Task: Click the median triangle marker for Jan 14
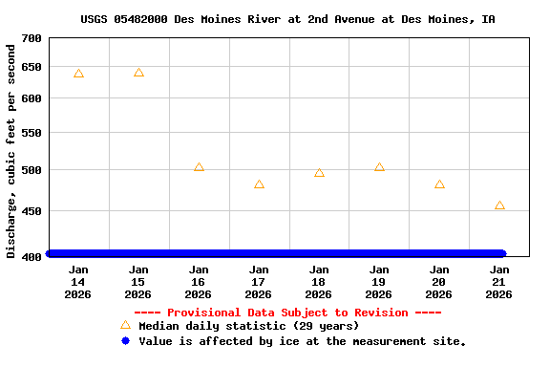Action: click(78, 74)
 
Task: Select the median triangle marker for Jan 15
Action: click(138, 73)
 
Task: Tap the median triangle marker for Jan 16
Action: click(199, 167)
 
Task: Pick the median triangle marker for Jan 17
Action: click(259, 184)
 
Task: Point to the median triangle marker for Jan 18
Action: click(319, 173)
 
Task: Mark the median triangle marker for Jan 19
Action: click(379, 167)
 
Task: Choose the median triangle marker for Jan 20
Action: click(439, 184)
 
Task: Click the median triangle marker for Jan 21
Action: click(499, 205)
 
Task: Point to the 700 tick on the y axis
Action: click(32, 38)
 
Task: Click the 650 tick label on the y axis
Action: click(32, 67)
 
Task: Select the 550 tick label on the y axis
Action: click(32, 133)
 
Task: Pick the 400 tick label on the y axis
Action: click(32, 255)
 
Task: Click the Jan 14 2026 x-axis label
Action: click(78, 282)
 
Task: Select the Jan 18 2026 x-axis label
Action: click(319, 282)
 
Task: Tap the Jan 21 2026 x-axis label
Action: click(499, 282)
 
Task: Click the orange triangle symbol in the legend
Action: click(125, 325)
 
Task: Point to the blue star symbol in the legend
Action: click(125, 341)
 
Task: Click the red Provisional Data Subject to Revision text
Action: click(287, 313)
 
